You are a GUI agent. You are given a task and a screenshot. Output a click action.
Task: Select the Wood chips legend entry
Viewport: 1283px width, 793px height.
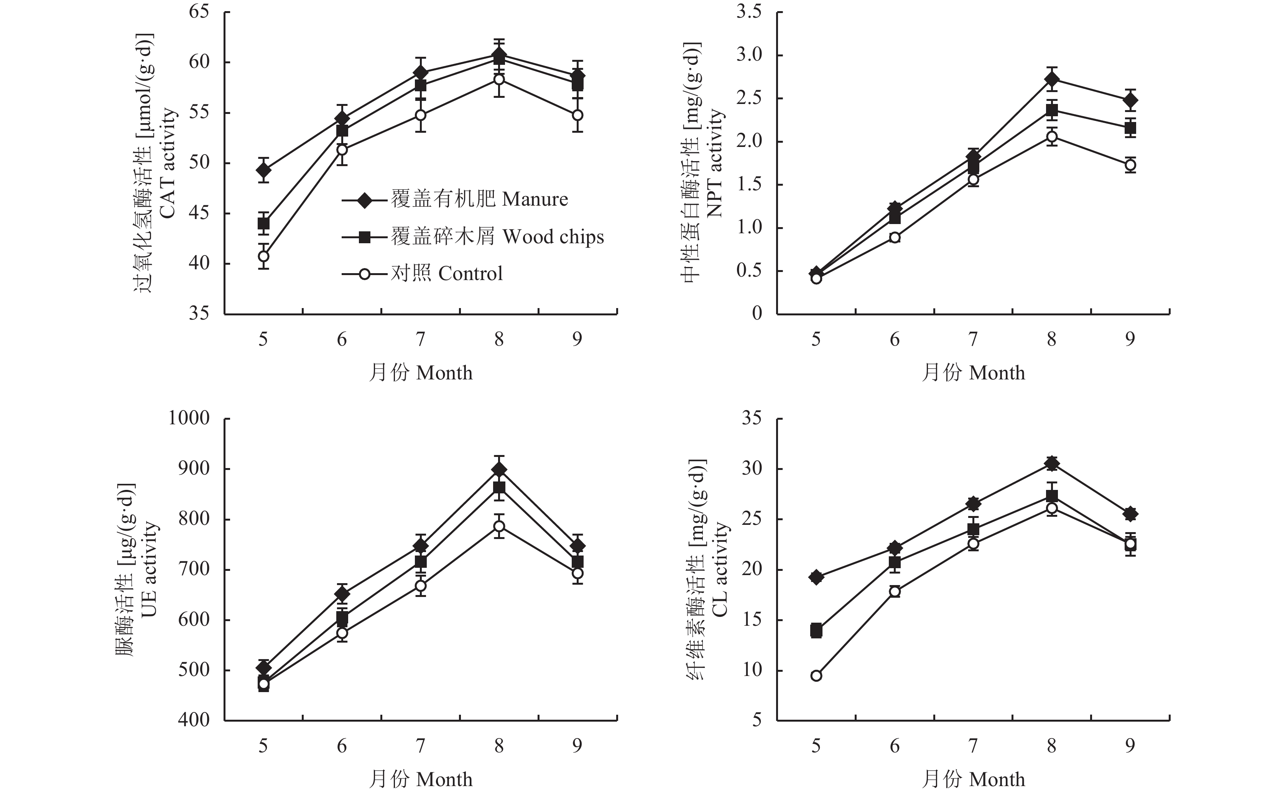[472, 237]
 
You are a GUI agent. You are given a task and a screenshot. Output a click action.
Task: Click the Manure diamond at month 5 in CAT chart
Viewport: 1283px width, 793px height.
[264, 170]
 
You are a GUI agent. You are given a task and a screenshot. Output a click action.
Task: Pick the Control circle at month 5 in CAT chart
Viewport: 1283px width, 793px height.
[264, 256]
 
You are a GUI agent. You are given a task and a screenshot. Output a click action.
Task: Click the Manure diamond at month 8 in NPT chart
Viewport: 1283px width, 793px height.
[1051, 79]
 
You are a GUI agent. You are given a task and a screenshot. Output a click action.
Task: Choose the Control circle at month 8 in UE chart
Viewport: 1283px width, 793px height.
[499, 526]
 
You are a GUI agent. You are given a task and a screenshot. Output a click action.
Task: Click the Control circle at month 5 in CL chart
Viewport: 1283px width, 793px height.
[816, 676]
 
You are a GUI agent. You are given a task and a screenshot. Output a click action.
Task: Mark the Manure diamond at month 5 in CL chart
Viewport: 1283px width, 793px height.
[816, 577]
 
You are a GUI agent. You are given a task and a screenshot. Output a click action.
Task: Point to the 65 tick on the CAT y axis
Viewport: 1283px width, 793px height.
[199, 12]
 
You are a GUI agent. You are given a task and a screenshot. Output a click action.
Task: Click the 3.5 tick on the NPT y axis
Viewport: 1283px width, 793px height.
[750, 12]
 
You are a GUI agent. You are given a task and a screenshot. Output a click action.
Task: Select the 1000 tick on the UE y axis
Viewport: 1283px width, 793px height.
[189, 419]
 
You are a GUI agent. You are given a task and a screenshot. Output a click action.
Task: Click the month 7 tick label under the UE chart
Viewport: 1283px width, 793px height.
[420, 746]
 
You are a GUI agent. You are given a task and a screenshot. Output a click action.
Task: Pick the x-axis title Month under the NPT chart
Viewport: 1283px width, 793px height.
[973, 373]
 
